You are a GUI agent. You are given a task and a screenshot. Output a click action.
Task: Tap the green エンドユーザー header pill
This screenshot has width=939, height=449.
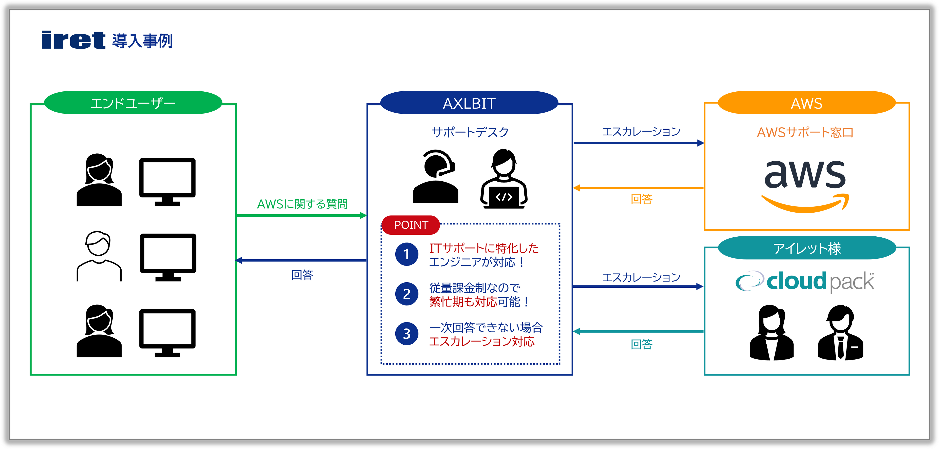(x=133, y=103)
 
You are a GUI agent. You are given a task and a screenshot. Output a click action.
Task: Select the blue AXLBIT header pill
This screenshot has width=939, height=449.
(x=469, y=103)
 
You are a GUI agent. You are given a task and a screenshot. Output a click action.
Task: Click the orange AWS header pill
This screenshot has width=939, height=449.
(x=806, y=103)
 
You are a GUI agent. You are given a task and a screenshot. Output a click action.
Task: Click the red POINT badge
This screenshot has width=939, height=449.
(x=411, y=225)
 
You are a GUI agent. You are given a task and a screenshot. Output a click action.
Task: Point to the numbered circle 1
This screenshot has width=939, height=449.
(x=406, y=254)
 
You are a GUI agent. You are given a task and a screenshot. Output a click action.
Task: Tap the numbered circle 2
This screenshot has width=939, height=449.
(x=406, y=294)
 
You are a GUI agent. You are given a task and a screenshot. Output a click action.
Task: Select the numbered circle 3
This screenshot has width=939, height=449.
(x=406, y=334)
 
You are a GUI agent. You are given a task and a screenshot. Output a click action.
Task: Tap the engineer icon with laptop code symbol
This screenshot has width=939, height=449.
(x=504, y=178)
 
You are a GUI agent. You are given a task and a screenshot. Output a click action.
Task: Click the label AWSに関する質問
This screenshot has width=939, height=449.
(x=302, y=204)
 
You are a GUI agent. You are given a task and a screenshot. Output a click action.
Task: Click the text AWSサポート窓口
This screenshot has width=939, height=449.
(x=805, y=132)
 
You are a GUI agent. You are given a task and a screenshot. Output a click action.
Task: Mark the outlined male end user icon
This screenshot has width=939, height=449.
(x=98, y=256)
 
